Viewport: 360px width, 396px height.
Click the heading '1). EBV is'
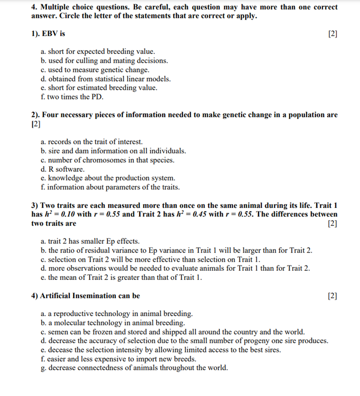(48, 33)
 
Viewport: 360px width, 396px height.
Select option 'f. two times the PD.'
(72, 97)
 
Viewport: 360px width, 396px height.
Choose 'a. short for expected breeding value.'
(98, 51)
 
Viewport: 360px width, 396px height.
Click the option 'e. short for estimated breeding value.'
(99, 88)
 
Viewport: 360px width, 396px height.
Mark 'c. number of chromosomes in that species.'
(107, 160)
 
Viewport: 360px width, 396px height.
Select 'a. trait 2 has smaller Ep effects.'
(90, 241)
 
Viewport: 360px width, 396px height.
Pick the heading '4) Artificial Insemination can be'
(86, 296)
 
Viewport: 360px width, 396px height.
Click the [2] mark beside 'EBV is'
(332, 34)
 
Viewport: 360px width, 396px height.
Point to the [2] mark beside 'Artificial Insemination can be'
(332, 296)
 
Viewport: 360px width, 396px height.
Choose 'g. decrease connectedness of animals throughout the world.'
(134, 368)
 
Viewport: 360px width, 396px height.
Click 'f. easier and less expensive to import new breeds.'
(118, 359)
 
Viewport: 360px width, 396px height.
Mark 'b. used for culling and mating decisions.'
(104, 61)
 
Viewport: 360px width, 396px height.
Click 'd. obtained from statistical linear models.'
(106, 79)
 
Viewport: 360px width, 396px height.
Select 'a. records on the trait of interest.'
(92, 142)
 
